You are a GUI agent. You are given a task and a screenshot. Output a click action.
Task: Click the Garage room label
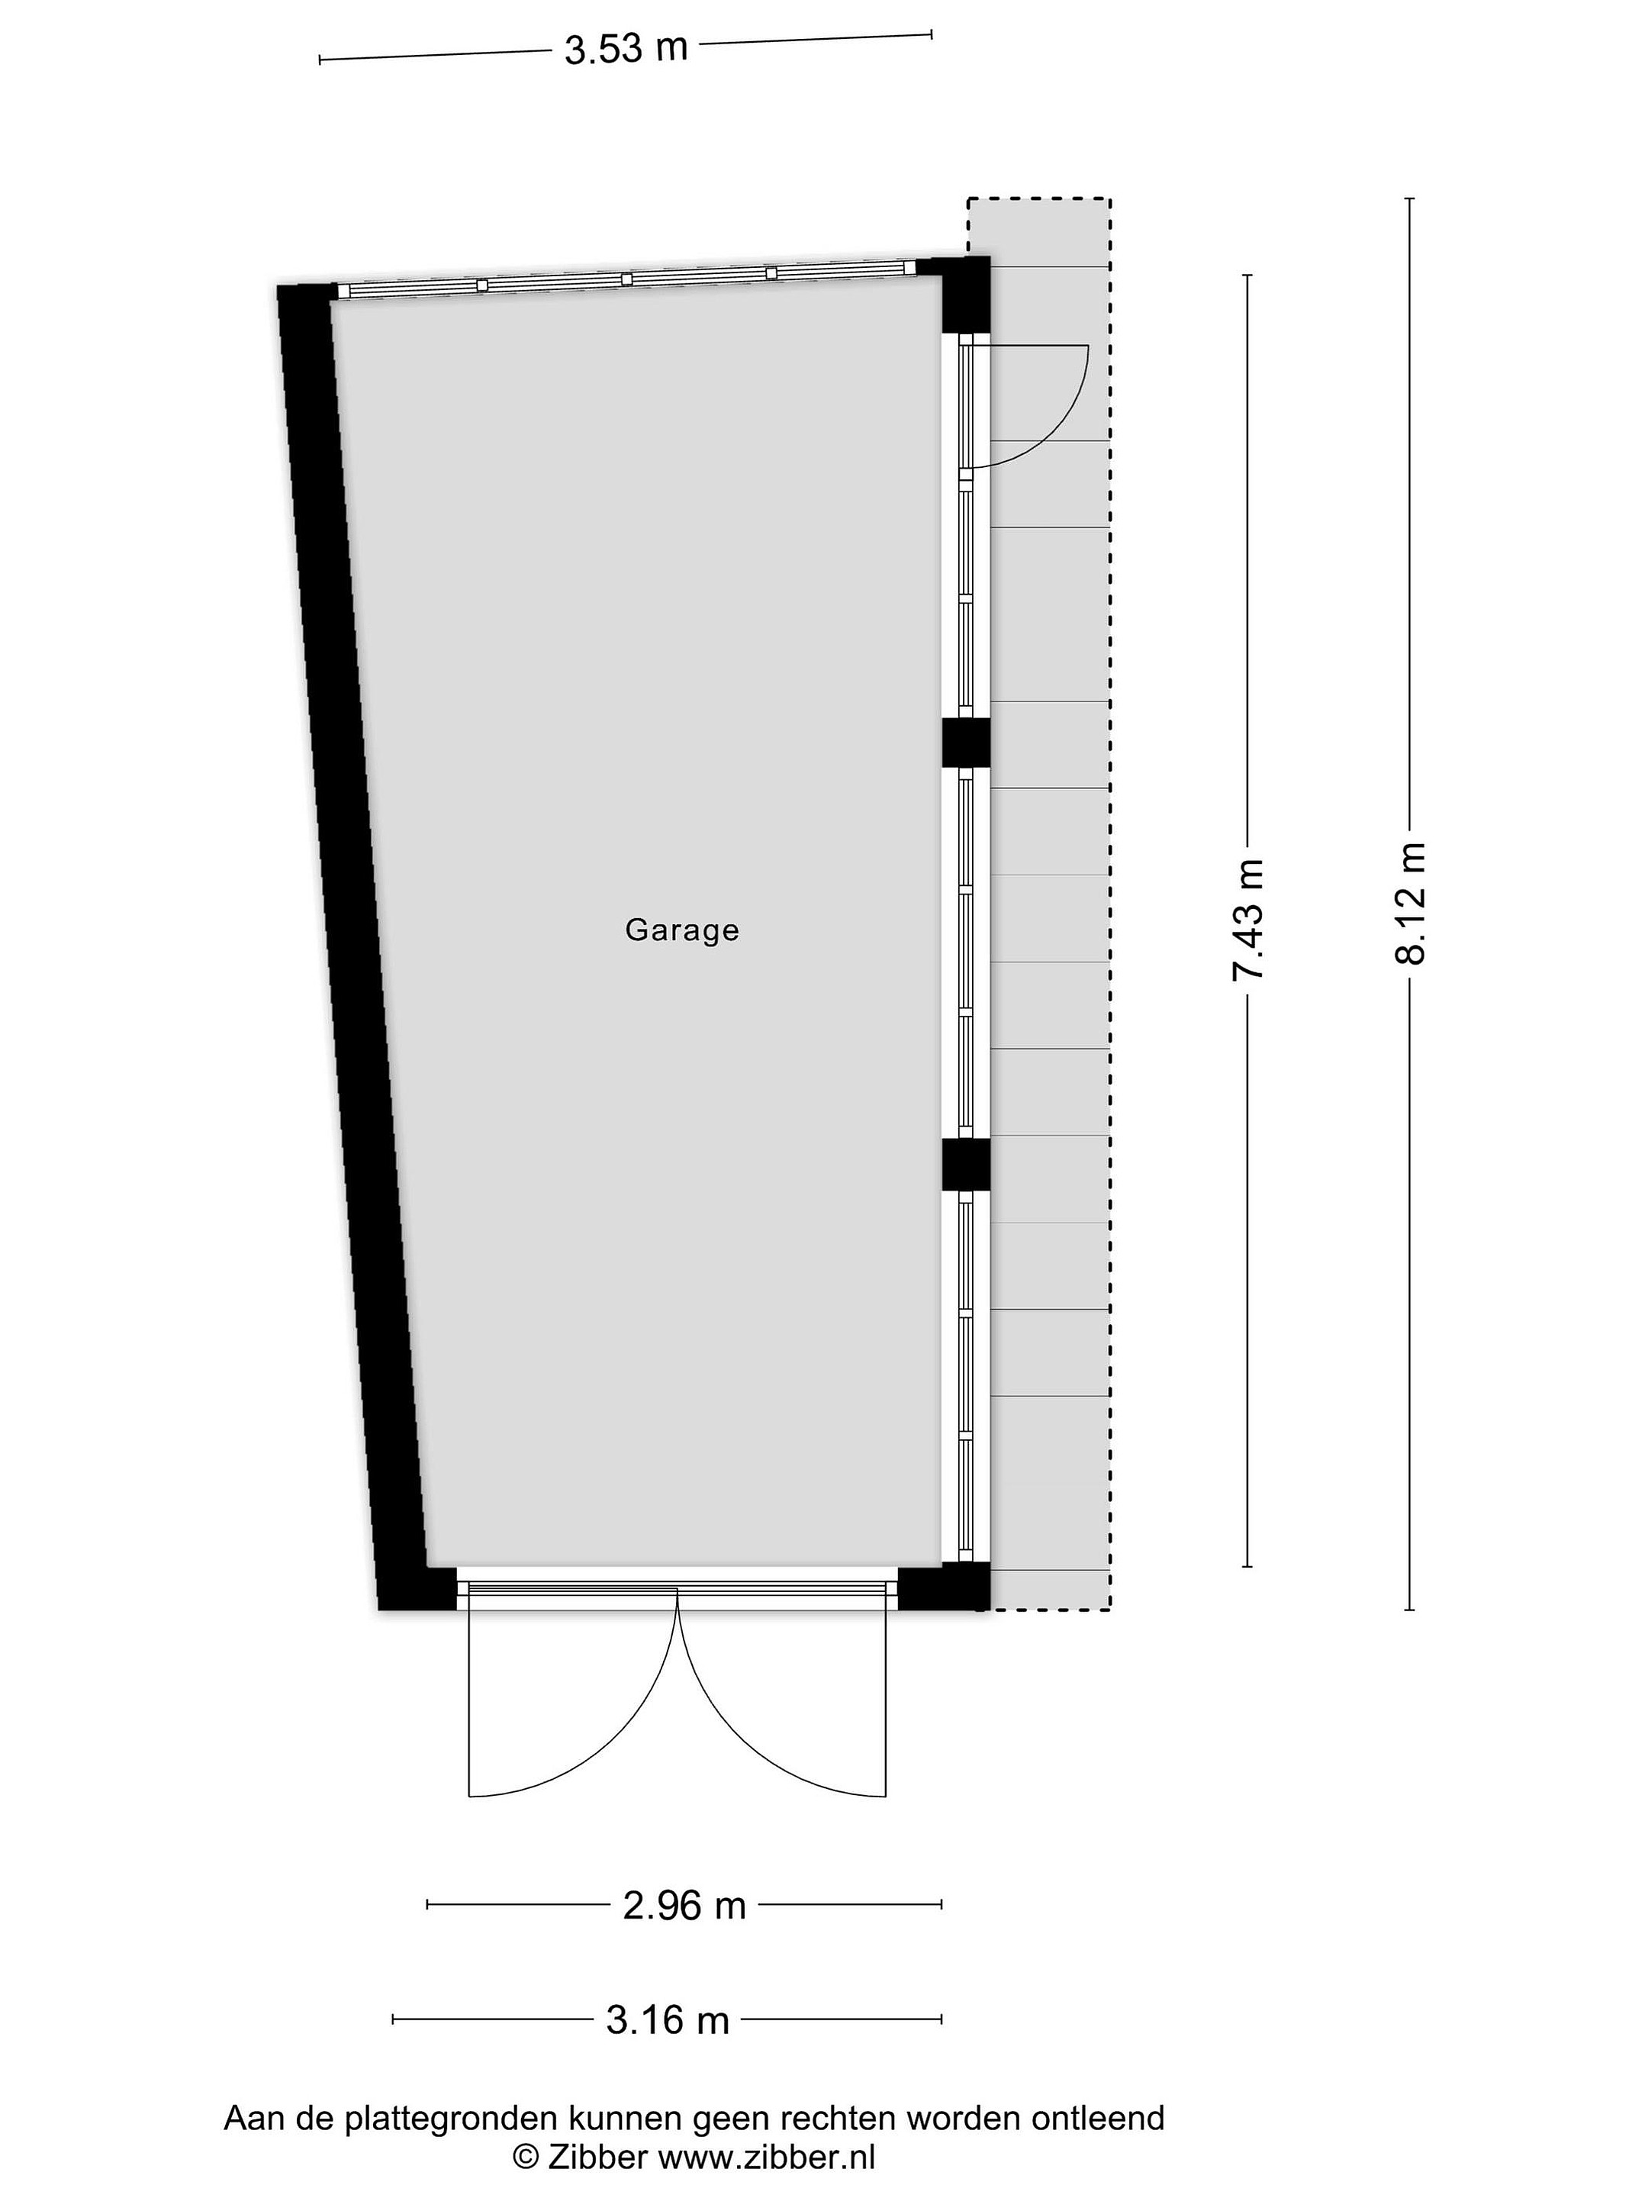point(681,930)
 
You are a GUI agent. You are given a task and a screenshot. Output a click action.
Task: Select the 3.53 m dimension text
point(626,49)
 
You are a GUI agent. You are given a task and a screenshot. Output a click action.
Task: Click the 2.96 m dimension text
point(684,1905)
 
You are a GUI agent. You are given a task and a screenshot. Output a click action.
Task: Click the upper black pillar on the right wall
point(966,743)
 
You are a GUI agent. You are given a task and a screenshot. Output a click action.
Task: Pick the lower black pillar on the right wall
point(966,1164)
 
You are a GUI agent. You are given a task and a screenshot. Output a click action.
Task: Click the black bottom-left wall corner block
point(417,1587)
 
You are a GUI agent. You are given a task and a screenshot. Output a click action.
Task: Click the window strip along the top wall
point(626,279)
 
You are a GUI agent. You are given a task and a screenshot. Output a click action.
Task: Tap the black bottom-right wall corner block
point(945,1587)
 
